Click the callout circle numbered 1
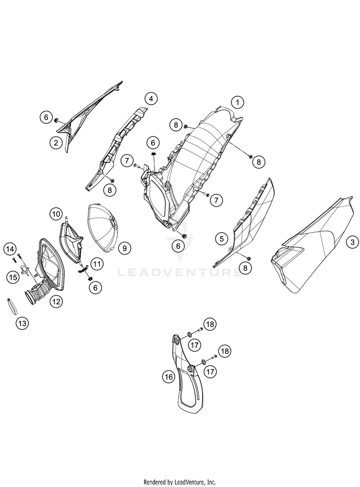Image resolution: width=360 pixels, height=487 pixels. tap(238, 102)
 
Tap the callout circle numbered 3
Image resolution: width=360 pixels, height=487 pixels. tap(352, 242)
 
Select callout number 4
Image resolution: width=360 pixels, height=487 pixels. tap(151, 99)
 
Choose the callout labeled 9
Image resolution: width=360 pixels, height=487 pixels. tap(124, 248)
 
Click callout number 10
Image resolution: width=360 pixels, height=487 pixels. tap(56, 214)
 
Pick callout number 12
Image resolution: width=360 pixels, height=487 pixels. tap(56, 301)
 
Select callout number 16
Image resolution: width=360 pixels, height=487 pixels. tap(168, 377)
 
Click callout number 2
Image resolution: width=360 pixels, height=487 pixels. tap(56, 143)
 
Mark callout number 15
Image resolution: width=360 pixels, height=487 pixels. tap(13, 277)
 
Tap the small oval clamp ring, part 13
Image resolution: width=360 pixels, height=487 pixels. tap(11, 306)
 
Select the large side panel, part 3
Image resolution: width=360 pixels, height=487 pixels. tap(313, 245)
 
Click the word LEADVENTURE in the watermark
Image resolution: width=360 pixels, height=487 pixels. tap(180, 272)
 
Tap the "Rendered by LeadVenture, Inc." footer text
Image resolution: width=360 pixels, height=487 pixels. tap(180, 482)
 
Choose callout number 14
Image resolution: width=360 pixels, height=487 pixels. tap(10, 249)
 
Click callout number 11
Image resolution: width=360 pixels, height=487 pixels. tap(97, 264)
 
